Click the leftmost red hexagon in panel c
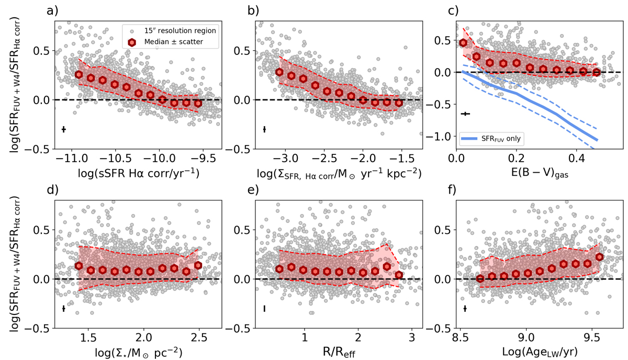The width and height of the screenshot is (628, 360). pyautogui.click(x=463, y=43)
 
